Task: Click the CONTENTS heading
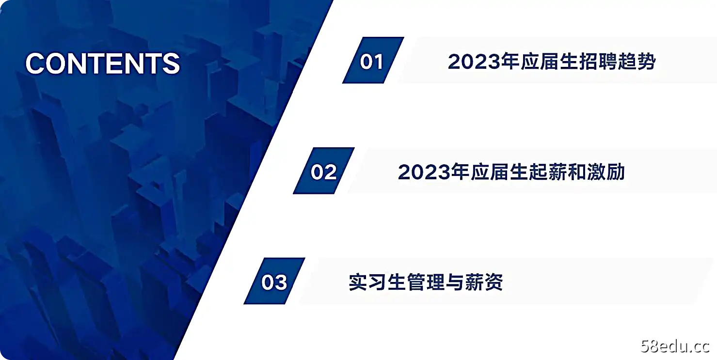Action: pyautogui.click(x=103, y=63)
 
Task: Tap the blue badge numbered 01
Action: pyautogui.click(x=372, y=61)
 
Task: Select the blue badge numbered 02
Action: pyautogui.click(x=323, y=172)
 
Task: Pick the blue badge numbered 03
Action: pyautogui.click(x=274, y=282)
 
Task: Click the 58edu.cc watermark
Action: pyautogui.click(x=675, y=346)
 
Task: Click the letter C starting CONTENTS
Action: pyautogui.click(x=36, y=63)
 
